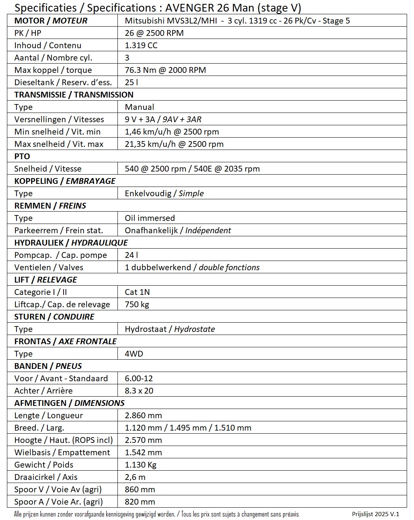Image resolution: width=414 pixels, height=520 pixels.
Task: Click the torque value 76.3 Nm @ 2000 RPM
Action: click(165, 70)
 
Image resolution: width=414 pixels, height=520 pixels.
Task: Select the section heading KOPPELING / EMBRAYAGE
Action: click(65, 181)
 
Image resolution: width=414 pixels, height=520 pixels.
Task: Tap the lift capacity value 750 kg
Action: click(137, 305)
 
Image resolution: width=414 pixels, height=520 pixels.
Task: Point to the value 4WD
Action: click(134, 354)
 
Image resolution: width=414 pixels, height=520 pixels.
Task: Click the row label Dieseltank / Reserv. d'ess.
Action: click(63, 82)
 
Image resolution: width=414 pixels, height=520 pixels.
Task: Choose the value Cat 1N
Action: click(137, 292)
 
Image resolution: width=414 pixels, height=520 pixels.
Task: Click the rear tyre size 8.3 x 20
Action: click(139, 391)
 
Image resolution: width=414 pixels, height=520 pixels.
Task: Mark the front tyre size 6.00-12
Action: click(139, 379)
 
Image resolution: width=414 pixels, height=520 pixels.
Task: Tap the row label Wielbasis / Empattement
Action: click(62, 453)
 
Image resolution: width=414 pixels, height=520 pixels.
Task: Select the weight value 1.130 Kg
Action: click(141, 465)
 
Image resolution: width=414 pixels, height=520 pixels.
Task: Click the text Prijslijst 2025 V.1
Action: click(375, 514)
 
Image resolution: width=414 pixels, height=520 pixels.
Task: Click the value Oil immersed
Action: click(150, 218)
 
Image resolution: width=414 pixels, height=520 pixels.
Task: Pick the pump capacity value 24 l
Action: click(131, 255)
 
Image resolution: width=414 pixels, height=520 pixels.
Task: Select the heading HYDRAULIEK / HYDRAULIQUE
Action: click(71, 243)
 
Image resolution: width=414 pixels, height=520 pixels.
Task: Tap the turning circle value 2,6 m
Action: click(135, 477)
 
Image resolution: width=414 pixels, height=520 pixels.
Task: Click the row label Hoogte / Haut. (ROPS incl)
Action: click(64, 440)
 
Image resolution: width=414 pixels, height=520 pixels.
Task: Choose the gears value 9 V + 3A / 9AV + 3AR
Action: click(163, 119)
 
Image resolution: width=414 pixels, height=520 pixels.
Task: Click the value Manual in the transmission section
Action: click(139, 107)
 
